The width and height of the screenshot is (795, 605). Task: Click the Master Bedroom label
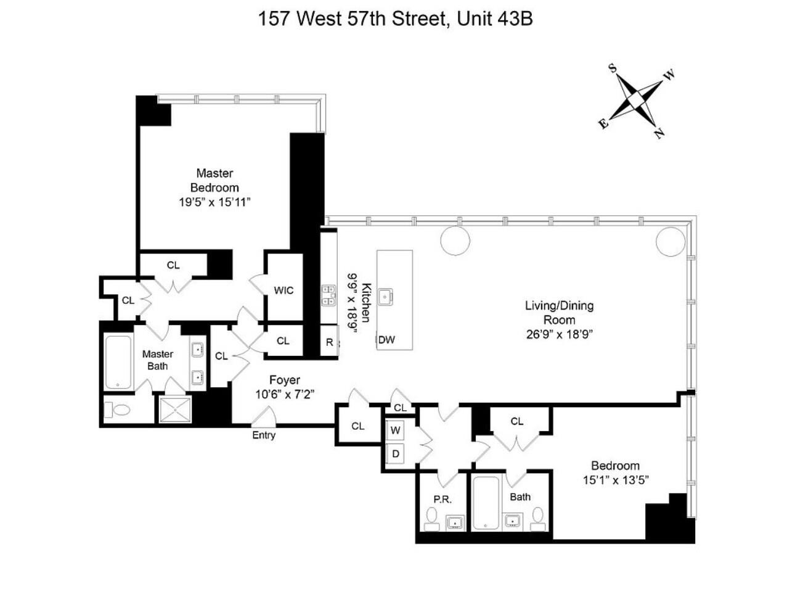(214, 180)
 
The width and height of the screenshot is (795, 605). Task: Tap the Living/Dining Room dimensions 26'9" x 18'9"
(559, 335)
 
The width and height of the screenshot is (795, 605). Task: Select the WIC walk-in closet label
(283, 290)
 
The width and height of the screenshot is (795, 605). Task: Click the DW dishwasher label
(386, 340)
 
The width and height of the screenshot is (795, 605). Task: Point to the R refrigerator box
(329, 342)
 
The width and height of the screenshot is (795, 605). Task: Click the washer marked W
(396, 430)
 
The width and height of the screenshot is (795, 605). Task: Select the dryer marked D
(396, 454)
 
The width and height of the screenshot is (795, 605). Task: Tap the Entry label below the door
(264, 435)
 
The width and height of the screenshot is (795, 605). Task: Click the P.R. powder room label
(442, 500)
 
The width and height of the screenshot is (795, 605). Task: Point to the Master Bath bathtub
(118, 362)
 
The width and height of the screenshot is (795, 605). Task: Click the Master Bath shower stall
(176, 409)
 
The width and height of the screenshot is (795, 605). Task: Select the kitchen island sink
(386, 297)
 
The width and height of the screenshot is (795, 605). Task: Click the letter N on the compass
(659, 133)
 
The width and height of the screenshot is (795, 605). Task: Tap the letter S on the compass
(614, 68)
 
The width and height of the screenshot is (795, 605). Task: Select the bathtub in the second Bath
(486, 503)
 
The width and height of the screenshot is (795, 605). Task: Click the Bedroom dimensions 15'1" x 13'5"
(615, 480)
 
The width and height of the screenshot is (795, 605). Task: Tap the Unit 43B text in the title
(493, 19)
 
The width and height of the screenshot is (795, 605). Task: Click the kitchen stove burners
(328, 295)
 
